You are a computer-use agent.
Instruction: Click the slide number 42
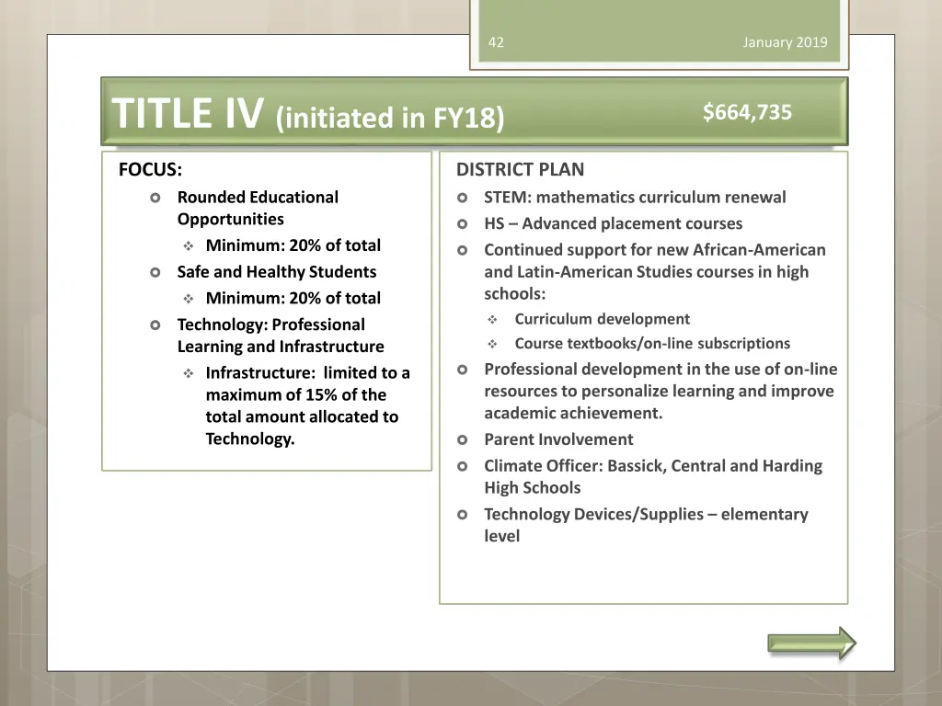click(x=496, y=42)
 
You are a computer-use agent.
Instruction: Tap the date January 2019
click(x=785, y=42)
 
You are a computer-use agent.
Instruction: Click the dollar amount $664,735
click(x=747, y=112)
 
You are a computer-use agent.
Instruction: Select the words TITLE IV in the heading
click(x=188, y=115)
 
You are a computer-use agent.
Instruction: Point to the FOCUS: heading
click(x=150, y=169)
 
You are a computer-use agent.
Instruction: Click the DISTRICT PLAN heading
click(x=520, y=169)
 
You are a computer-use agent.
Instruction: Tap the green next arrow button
click(x=811, y=643)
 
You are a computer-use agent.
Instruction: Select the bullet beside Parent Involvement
click(x=463, y=440)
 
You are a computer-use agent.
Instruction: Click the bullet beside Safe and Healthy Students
click(x=155, y=272)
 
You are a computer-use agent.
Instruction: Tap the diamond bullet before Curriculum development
click(x=492, y=320)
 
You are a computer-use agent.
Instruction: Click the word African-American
click(x=759, y=249)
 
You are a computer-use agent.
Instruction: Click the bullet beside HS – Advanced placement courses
click(x=463, y=223)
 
